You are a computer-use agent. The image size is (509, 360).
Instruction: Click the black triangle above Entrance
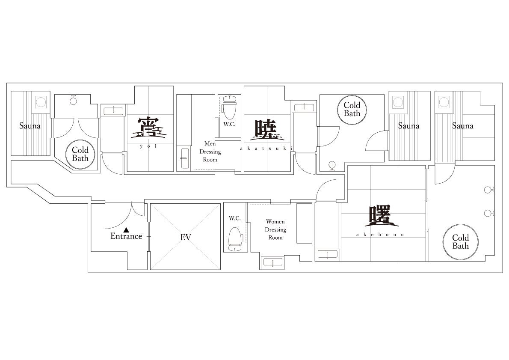click(x=127, y=229)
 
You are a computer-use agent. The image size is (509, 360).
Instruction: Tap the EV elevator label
click(x=186, y=237)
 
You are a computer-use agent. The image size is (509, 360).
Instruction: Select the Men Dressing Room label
click(x=210, y=152)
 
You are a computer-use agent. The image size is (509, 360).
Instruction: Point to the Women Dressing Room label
click(x=275, y=229)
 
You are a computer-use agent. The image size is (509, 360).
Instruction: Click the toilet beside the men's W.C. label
click(x=229, y=107)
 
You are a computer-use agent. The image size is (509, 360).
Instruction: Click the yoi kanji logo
click(x=149, y=128)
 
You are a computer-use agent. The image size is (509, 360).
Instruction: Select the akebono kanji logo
click(x=381, y=216)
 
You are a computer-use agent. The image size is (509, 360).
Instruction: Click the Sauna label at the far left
click(x=30, y=126)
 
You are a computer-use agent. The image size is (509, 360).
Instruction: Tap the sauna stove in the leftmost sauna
click(x=41, y=102)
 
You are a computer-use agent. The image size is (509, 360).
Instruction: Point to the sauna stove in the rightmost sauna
click(x=444, y=102)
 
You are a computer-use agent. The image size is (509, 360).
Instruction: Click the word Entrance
click(x=126, y=236)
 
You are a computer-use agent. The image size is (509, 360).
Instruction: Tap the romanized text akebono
click(x=380, y=235)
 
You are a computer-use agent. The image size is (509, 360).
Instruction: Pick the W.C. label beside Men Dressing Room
click(x=229, y=124)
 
